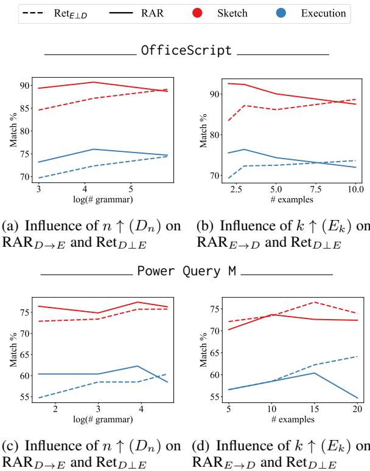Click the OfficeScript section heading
[186, 50]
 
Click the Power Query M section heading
[186, 270]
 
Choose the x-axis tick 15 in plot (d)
[313, 409]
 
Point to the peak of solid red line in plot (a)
[93, 82]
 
